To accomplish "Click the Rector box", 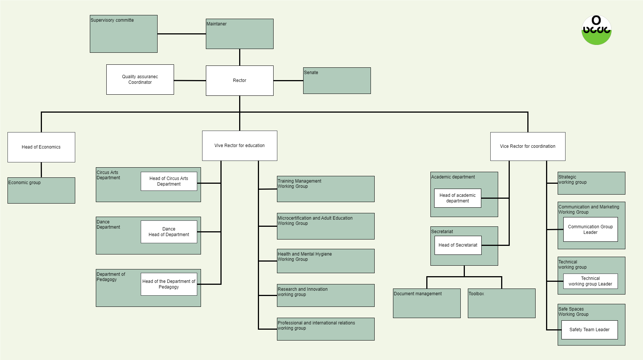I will [x=240, y=80].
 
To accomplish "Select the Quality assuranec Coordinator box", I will [x=140, y=79].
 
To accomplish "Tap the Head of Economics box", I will [x=41, y=147].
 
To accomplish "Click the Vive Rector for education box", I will [x=240, y=146].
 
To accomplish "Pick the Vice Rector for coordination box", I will [x=528, y=146].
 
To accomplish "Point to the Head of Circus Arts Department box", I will [x=169, y=181].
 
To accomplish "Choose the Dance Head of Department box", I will [x=169, y=232].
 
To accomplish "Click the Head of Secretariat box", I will [x=458, y=245].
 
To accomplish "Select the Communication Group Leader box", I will [x=590, y=229].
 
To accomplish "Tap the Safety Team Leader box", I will [x=589, y=330].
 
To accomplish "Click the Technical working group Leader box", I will [x=590, y=281].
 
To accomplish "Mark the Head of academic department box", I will [x=457, y=198].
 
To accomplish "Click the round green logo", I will [x=596, y=30].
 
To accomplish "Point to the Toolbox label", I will [x=476, y=294].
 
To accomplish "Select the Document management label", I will [x=418, y=294].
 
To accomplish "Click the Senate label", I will [x=311, y=73].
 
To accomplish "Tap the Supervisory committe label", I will [x=112, y=20].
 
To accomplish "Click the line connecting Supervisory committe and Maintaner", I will [x=182, y=34].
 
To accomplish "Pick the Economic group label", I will [x=25, y=183].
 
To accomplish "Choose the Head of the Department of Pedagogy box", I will [x=169, y=284].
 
